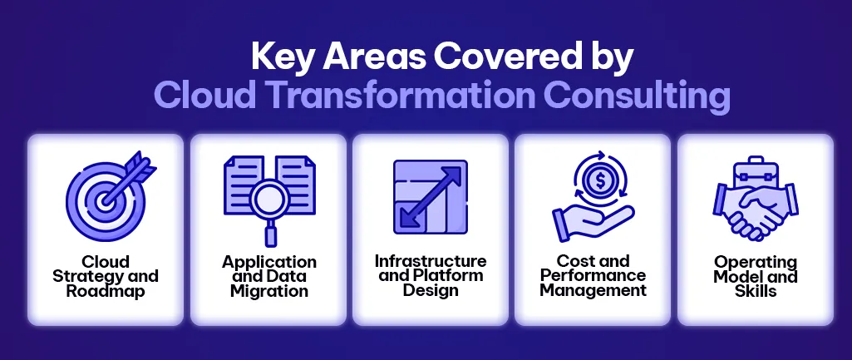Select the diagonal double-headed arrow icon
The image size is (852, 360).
(430, 196)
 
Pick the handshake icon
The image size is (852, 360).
(755, 210)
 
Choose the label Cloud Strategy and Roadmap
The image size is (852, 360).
(106, 276)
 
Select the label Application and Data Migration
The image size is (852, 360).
(268, 276)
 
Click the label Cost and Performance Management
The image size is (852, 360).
(593, 275)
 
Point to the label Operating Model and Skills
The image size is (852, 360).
(755, 276)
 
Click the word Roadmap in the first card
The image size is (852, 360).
(106, 291)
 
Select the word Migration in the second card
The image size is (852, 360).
(268, 291)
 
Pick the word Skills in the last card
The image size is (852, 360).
(755, 291)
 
